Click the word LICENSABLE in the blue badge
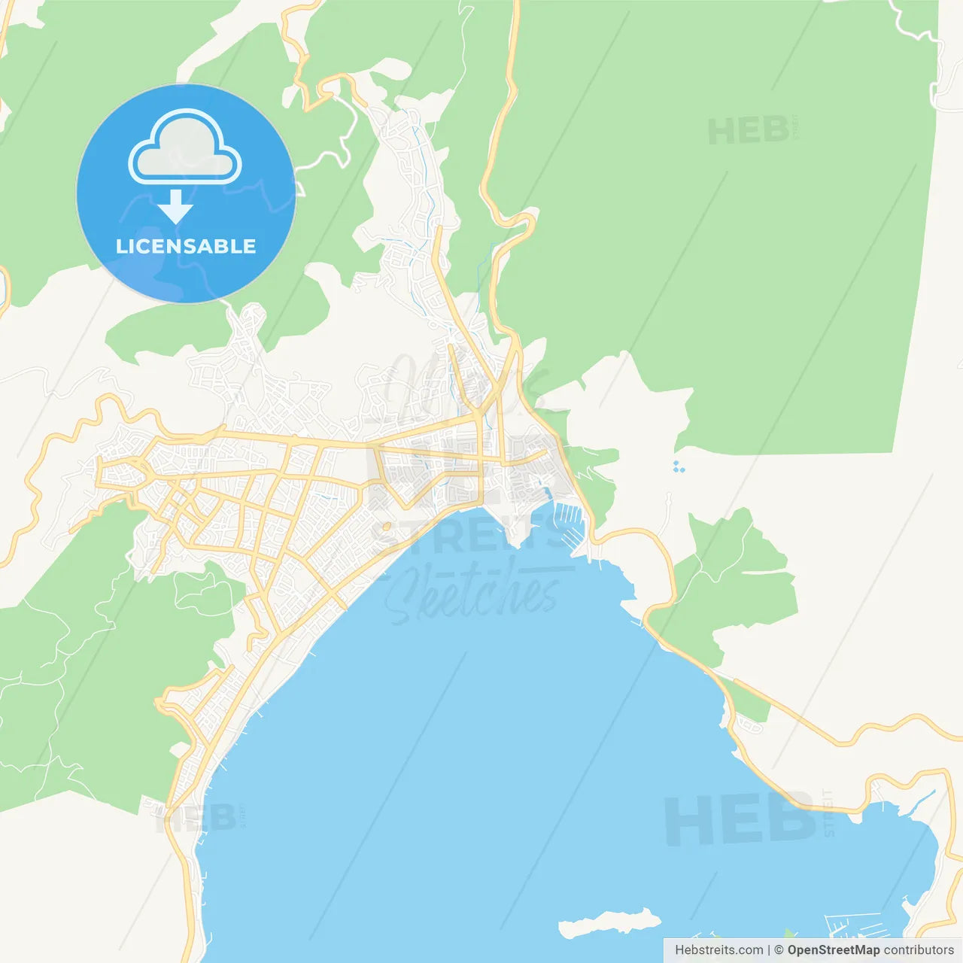[x=186, y=246]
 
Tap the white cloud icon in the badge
[x=185, y=148]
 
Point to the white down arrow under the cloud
[x=176, y=206]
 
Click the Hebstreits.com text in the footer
[x=718, y=950]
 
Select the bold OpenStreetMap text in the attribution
[x=833, y=950]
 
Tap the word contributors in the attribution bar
[x=919, y=950]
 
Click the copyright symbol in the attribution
[x=779, y=950]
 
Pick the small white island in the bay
[x=610, y=922]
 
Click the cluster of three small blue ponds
[x=679, y=466]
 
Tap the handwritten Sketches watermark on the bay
[x=474, y=594]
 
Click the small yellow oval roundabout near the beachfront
[x=386, y=527]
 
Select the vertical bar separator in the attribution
[x=769, y=950]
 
